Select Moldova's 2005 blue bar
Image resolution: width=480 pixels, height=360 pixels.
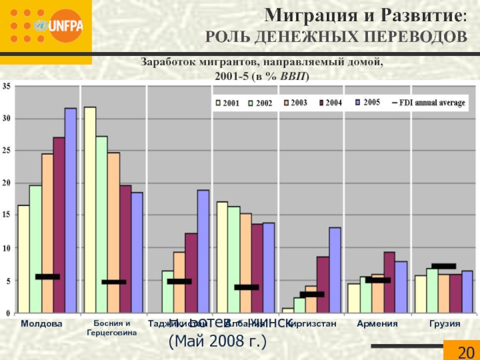pyautogui.click(x=71, y=210)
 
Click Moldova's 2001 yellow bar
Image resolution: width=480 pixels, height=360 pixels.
pyautogui.click(x=23, y=259)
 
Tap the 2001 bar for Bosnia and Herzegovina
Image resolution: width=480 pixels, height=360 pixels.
pyautogui.click(x=90, y=209)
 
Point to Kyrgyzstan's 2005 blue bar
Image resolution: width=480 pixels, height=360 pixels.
pyautogui.click(x=335, y=269)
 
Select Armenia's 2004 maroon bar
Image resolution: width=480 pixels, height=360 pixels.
pyautogui.click(x=389, y=282)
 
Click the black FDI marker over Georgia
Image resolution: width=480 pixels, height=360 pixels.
pyautogui.click(x=443, y=266)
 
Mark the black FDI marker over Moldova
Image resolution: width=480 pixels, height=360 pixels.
pyautogui.click(x=47, y=277)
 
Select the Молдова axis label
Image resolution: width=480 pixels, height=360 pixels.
pyautogui.click(x=41, y=323)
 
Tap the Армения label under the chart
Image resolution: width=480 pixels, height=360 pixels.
pyautogui.click(x=377, y=323)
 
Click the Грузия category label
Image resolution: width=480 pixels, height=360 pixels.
pyautogui.click(x=445, y=323)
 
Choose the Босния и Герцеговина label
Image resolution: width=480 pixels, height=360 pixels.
pyautogui.click(x=112, y=328)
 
